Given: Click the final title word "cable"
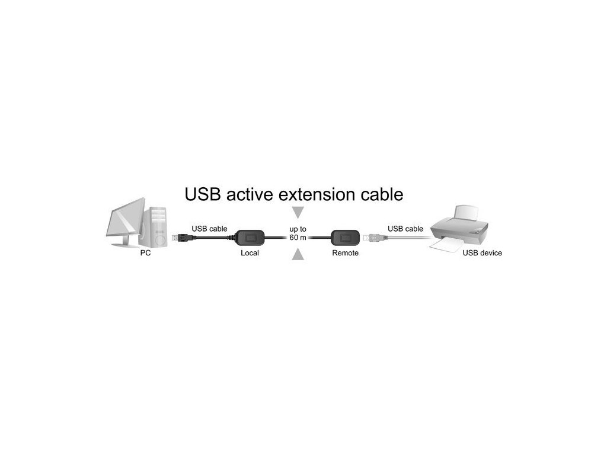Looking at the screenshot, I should click(x=383, y=194).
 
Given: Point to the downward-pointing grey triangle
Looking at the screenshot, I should click(x=299, y=212).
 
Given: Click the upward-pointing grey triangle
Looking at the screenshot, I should click(x=299, y=255).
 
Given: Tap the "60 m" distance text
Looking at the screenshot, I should click(x=298, y=238).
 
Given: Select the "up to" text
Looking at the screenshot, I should click(x=298, y=229).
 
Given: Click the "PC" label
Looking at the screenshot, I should click(x=145, y=253).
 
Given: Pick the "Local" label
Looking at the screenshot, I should click(x=250, y=253).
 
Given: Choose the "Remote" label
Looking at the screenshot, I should click(x=345, y=253).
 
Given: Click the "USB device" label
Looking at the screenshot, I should click(x=482, y=253).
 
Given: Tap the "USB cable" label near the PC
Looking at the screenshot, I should click(x=209, y=229).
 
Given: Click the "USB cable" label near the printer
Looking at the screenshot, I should click(x=405, y=229).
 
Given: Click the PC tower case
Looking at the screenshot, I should click(x=157, y=227).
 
